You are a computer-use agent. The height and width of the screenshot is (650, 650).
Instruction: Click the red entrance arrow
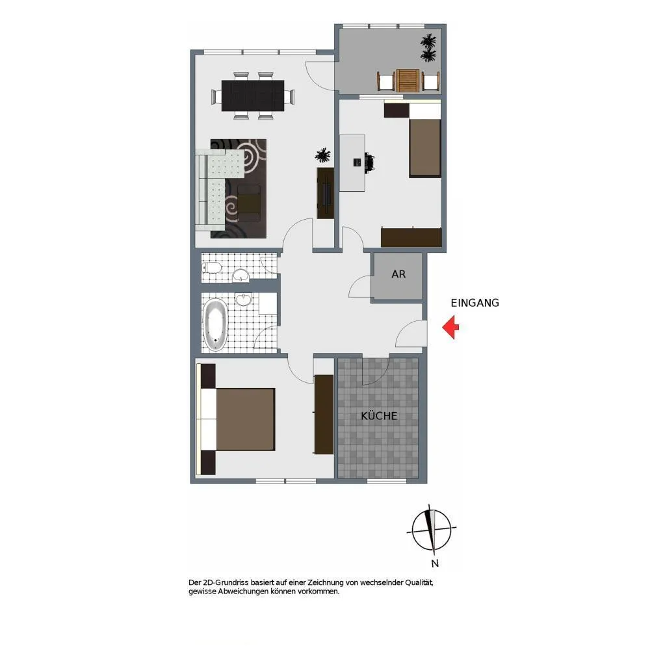(450, 327)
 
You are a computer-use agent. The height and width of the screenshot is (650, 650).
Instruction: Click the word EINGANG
(474, 303)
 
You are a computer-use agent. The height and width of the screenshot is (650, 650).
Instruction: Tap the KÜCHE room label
(379, 416)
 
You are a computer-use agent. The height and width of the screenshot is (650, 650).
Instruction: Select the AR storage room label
(398, 274)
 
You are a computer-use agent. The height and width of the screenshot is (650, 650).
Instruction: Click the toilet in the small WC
(212, 267)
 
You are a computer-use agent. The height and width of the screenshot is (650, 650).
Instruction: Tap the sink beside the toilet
(241, 275)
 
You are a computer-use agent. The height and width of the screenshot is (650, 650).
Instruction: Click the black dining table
(253, 96)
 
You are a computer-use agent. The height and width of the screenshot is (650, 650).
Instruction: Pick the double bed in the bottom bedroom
(237, 419)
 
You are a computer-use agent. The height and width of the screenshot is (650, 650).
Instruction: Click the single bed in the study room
(424, 139)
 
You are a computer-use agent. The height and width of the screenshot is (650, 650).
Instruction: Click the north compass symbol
(432, 529)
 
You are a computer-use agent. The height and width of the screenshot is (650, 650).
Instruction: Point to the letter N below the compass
(435, 564)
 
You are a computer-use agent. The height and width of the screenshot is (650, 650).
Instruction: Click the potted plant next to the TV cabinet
(322, 155)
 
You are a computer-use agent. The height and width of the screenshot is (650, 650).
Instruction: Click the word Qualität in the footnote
(419, 582)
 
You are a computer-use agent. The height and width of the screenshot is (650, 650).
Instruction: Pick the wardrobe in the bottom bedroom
(324, 415)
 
